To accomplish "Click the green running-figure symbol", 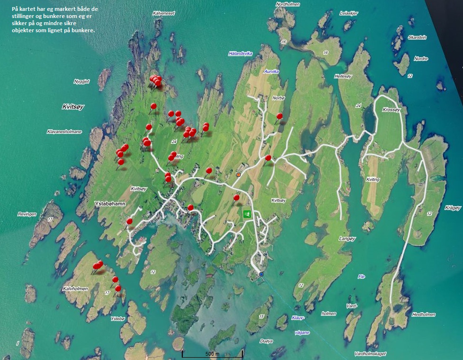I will (x=247, y=214).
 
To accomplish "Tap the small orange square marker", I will (x=239, y=175).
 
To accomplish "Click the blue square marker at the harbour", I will (x=261, y=274).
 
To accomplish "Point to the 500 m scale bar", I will (x=212, y=353).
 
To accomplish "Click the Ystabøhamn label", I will (x=109, y=205).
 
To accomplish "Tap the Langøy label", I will (x=347, y=239).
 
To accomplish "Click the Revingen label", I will (x=27, y=214).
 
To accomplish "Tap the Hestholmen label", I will (x=424, y=314).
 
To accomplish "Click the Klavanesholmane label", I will (x=64, y=132).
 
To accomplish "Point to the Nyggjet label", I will (x=81, y=81).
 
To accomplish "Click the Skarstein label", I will (x=417, y=37).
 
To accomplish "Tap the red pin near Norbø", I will (x=279, y=116).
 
